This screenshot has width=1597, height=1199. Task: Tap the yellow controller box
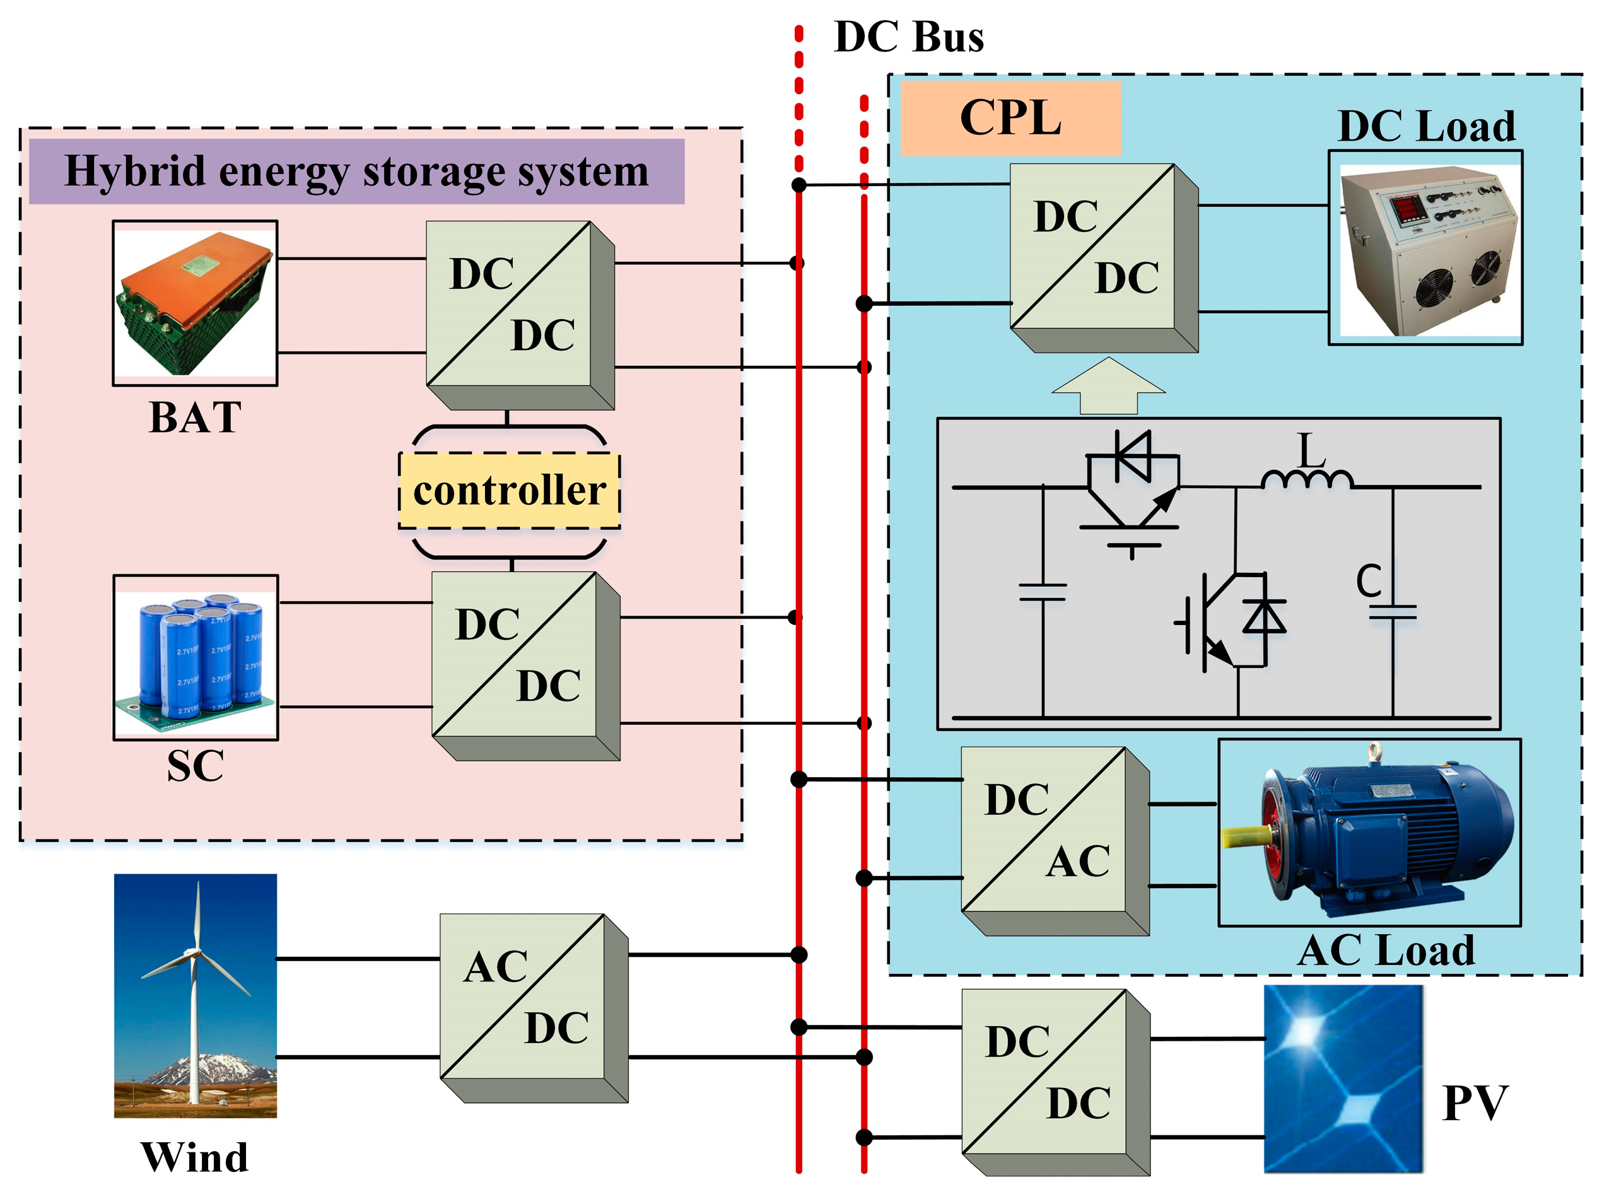tap(509, 491)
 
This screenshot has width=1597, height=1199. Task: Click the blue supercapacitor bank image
tap(196, 657)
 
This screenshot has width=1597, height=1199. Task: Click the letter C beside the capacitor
tap(1368, 581)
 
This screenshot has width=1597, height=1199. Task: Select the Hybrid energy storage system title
tap(356, 172)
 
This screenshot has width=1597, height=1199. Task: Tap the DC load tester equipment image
tap(1426, 249)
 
